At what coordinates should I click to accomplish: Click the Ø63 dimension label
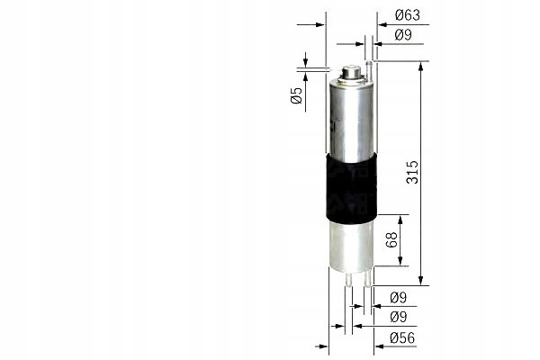[x=408, y=14]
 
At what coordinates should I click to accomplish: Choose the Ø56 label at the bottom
[x=402, y=338]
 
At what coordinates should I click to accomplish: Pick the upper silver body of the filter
[x=350, y=117]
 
